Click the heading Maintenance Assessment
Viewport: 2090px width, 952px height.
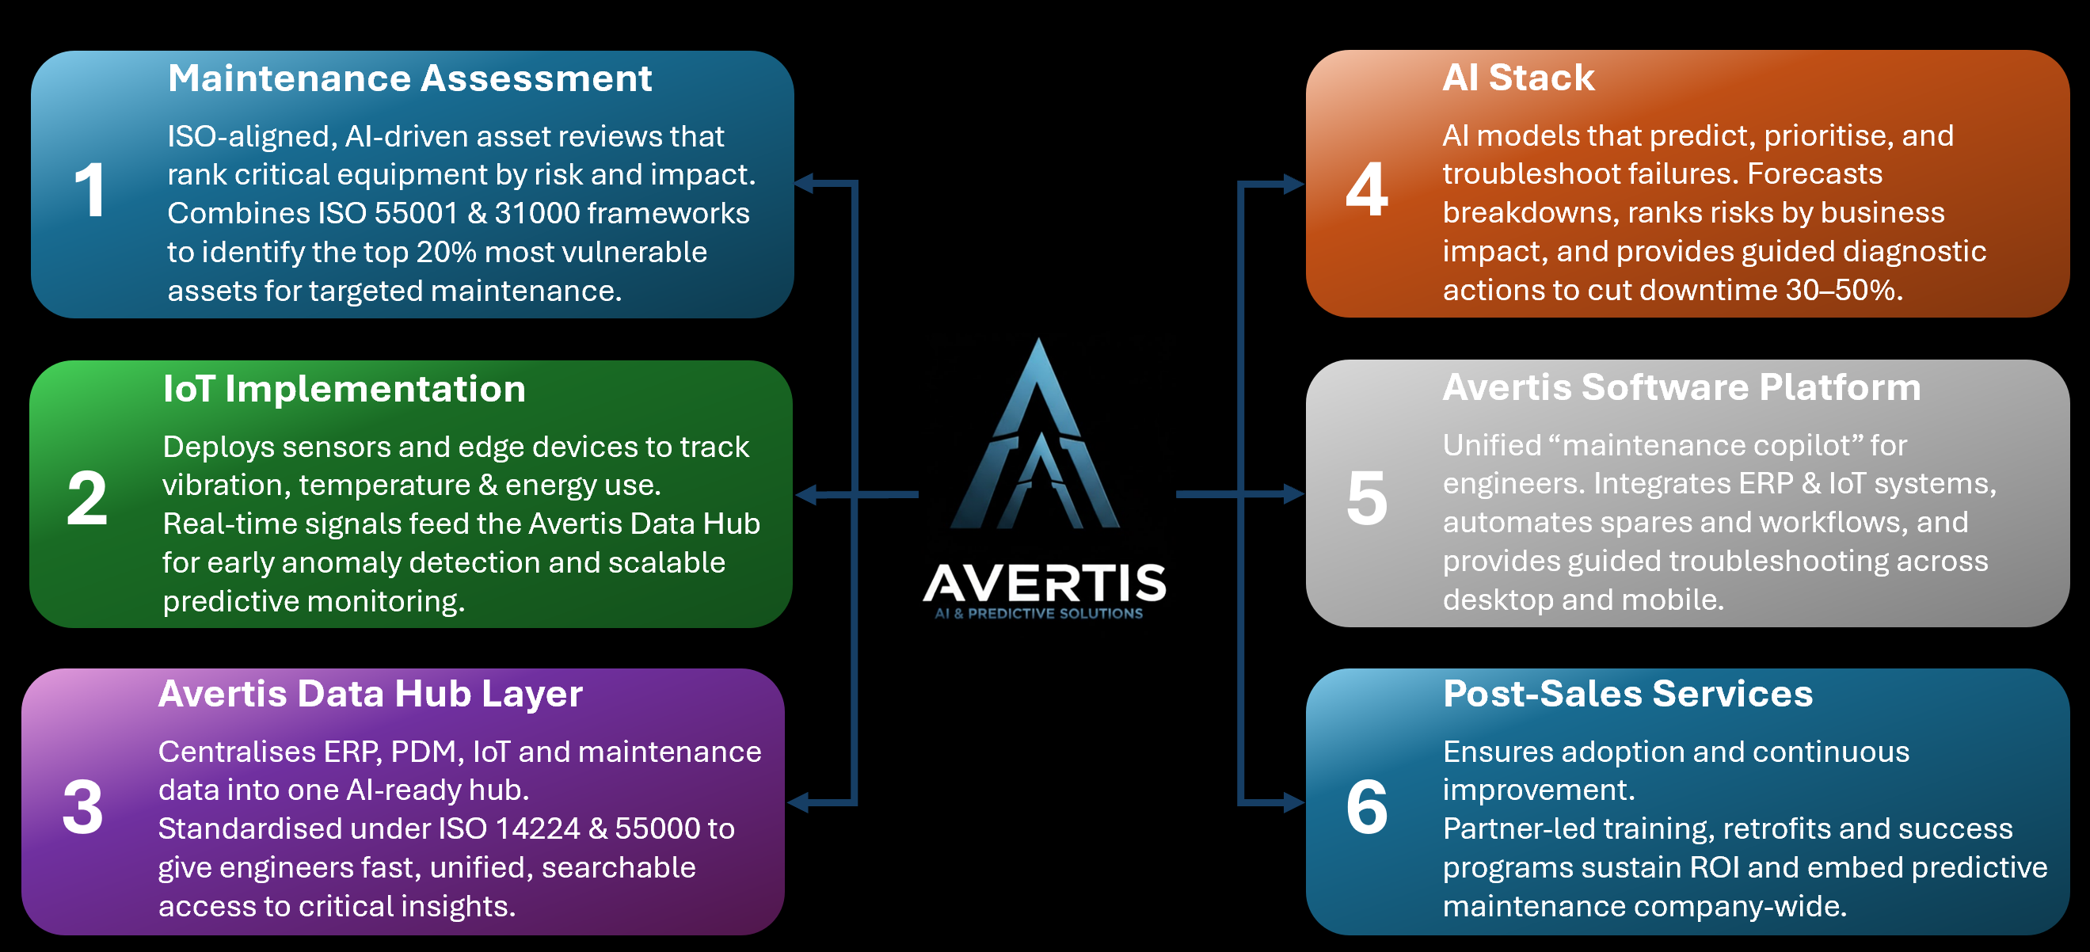409,78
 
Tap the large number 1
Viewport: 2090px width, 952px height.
90,191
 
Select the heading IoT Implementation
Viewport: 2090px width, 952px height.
344,389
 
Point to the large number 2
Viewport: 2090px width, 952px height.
87,498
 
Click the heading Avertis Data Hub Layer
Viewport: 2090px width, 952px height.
370,694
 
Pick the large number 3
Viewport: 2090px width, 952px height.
82,808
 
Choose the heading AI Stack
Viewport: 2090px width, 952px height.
1518,78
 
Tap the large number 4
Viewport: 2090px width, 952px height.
1367,190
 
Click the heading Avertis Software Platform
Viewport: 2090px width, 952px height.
1681,387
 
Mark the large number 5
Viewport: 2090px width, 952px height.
1367,498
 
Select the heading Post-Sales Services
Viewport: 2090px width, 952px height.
1627,694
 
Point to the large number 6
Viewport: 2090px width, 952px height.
1367,808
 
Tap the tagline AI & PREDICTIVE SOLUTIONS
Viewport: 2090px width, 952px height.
1038,614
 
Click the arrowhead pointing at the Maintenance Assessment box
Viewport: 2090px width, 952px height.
803,184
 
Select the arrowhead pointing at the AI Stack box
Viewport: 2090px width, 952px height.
1294,185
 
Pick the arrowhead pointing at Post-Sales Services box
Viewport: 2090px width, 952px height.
1294,802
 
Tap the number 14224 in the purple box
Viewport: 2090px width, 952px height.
537,829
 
